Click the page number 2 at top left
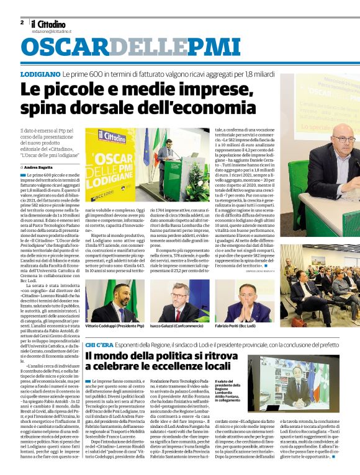coord(22,22)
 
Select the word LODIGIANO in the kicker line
coord(40,74)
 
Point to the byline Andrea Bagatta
coord(39,167)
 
